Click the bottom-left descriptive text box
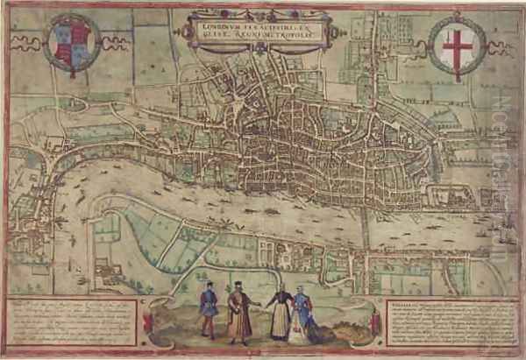[73, 322]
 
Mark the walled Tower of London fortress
[438, 194]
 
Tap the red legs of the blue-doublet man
[209, 328]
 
